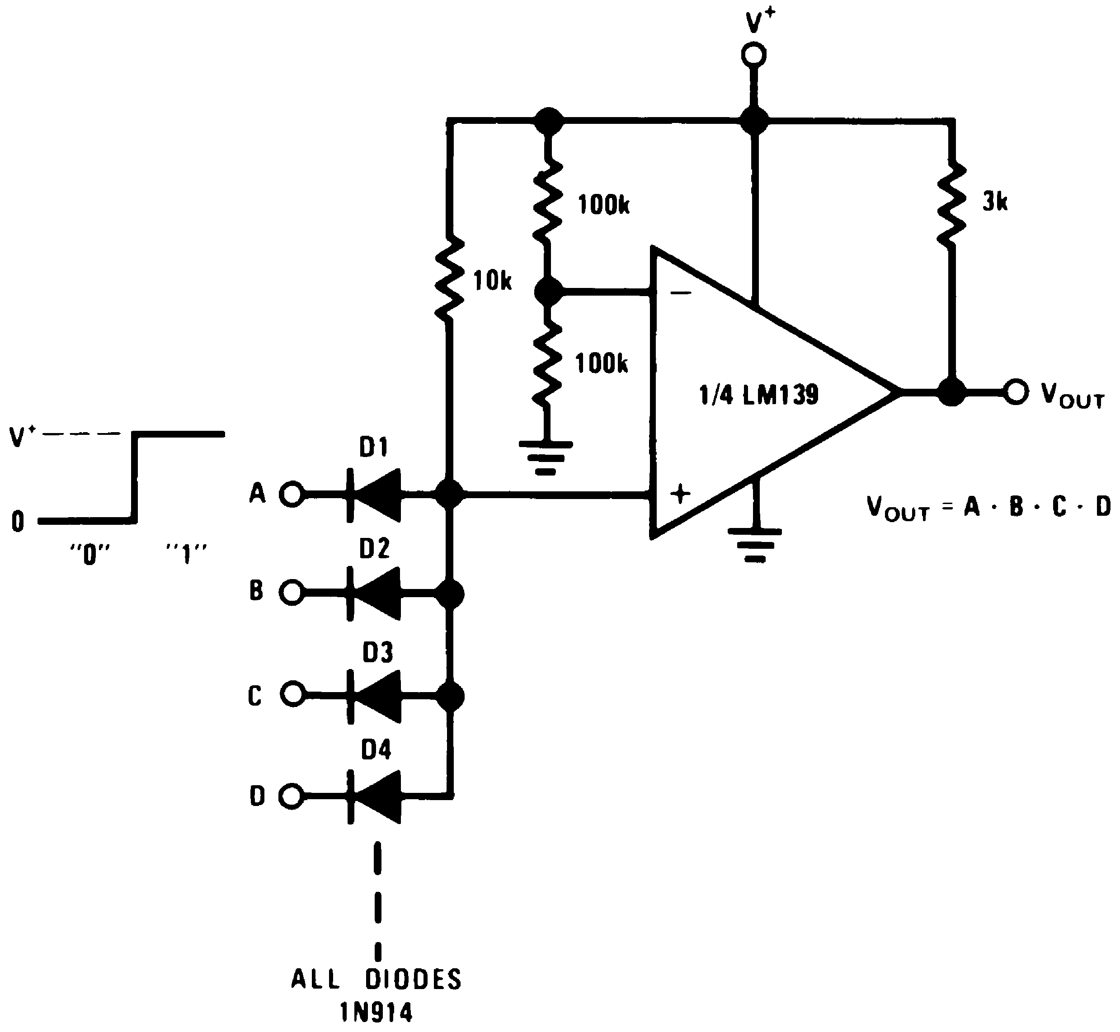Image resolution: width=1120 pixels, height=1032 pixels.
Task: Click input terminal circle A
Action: (x=292, y=494)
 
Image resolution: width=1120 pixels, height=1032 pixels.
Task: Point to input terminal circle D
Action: (x=292, y=796)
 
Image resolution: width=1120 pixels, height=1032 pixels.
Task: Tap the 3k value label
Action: (x=995, y=202)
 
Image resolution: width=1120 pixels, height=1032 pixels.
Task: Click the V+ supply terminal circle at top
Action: (x=754, y=55)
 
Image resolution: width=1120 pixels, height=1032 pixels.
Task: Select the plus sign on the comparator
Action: (x=680, y=494)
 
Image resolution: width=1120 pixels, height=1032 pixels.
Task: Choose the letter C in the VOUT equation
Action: (x=1059, y=507)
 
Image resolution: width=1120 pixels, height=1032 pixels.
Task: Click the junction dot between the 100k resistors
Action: (x=548, y=292)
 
